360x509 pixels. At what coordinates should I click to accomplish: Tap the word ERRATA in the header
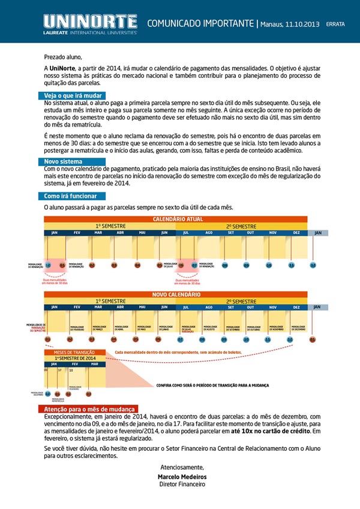coord(335,25)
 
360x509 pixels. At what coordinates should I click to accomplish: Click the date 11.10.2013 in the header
coord(300,24)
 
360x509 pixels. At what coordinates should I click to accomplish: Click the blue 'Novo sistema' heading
coord(64,162)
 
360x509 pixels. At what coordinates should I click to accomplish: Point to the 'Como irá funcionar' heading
coord(71,196)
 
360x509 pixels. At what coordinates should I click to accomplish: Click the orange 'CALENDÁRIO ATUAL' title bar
coord(176,219)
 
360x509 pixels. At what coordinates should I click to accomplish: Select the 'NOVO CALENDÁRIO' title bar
coord(176,295)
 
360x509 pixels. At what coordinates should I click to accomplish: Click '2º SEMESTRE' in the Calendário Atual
coord(241,226)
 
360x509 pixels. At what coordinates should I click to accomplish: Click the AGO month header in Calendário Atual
coord(209,233)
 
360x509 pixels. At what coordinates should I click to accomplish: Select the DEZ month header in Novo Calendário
coord(296,307)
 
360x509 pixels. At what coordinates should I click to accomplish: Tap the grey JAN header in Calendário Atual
coord(319,233)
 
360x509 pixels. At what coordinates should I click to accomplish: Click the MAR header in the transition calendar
coord(94,364)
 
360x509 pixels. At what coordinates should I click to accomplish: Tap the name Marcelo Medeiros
coord(182,477)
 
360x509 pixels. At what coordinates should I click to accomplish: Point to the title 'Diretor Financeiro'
coord(182,484)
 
